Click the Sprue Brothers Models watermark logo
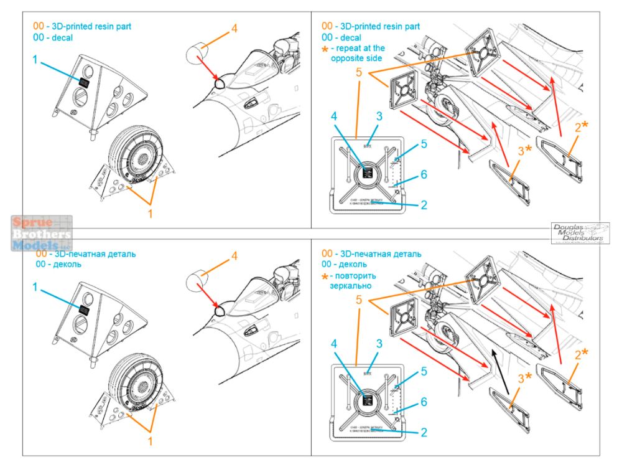(41, 233)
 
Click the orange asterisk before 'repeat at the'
(325, 49)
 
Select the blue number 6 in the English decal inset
(424, 175)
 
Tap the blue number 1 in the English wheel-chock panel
(35, 60)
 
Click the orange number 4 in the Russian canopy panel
(234, 256)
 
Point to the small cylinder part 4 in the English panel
(197, 51)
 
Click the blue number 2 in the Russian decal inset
(423, 433)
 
